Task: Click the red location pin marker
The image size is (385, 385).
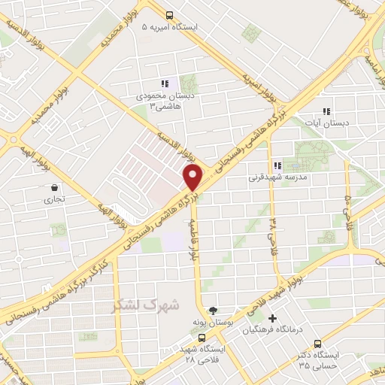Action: [193, 177]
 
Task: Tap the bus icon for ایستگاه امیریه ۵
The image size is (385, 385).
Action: [170, 14]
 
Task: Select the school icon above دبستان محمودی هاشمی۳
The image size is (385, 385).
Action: [165, 84]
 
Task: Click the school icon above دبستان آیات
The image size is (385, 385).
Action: [326, 111]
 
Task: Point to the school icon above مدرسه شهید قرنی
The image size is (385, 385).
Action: [277, 165]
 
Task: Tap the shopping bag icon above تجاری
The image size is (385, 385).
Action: [55, 187]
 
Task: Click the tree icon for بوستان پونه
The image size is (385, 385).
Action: [213, 310]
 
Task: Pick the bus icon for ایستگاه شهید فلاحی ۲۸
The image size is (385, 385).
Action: [201, 338]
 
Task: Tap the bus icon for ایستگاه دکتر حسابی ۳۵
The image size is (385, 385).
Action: [317, 342]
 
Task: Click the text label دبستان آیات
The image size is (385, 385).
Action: [326, 123]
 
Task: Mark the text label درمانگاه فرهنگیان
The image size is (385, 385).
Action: [282, 331]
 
